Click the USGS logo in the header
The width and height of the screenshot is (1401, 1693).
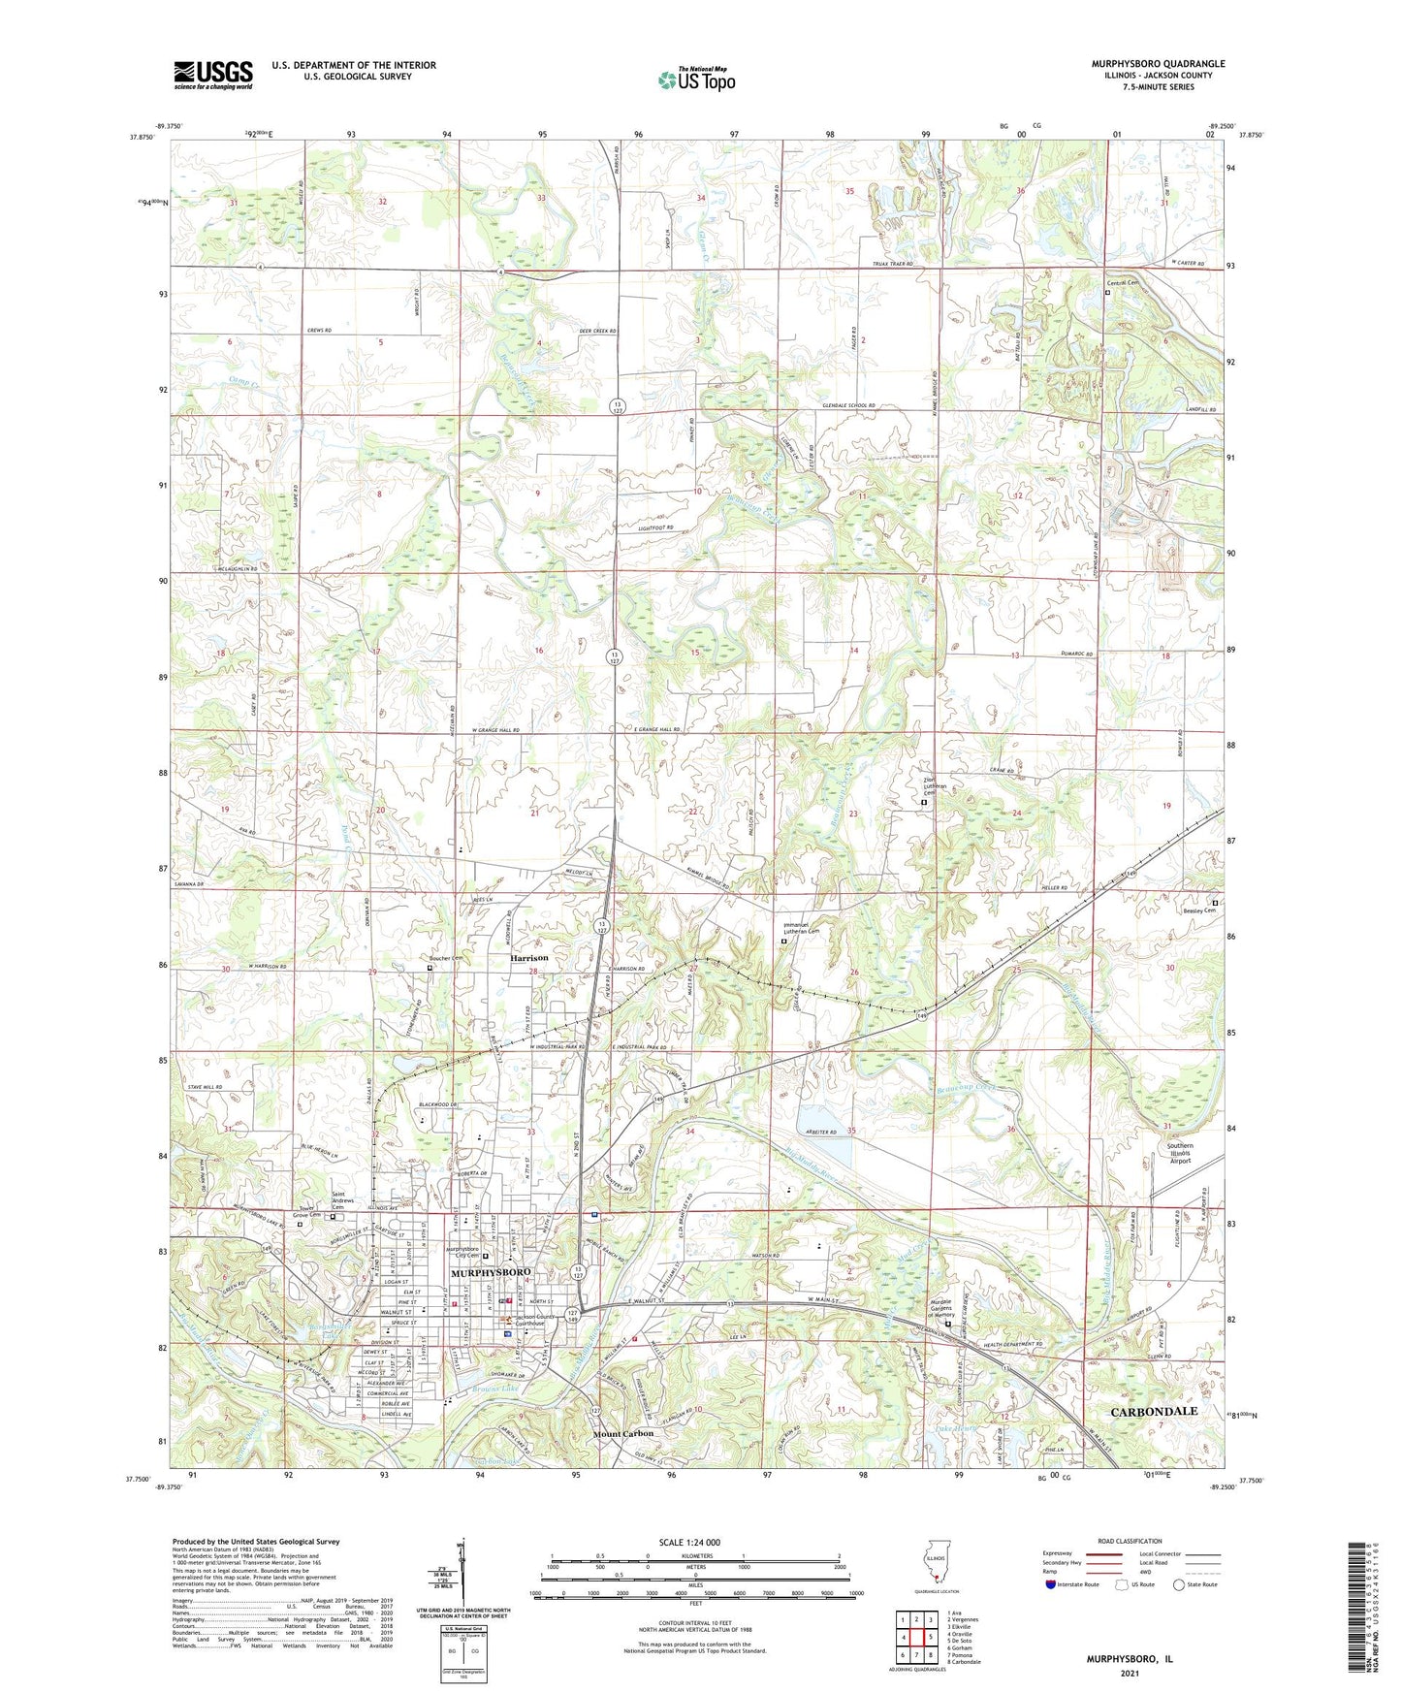click(x=213, y=74)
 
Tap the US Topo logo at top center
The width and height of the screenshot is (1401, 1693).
click(x=695, y=80)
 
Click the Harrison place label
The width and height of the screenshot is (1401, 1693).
click(x=529, y=957)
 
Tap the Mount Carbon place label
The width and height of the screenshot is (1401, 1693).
click(x=623, y=1433)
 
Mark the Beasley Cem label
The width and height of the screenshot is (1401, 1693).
click(x=1196, y=910)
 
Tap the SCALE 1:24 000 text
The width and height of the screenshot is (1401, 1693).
click(x=689, y=1542)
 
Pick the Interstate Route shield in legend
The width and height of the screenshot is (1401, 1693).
click(x=1051, y=1584)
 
